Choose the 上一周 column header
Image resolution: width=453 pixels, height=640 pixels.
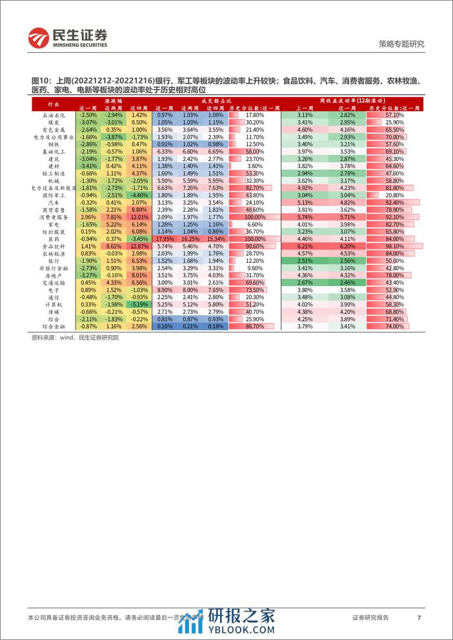(305, 107)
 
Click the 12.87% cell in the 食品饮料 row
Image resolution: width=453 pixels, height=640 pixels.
(139, 246)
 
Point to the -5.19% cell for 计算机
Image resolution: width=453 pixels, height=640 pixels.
(139, 304)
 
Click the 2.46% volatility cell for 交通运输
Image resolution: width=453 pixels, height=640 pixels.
(347, 282)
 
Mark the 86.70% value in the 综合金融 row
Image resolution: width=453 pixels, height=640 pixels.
(254, 327)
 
